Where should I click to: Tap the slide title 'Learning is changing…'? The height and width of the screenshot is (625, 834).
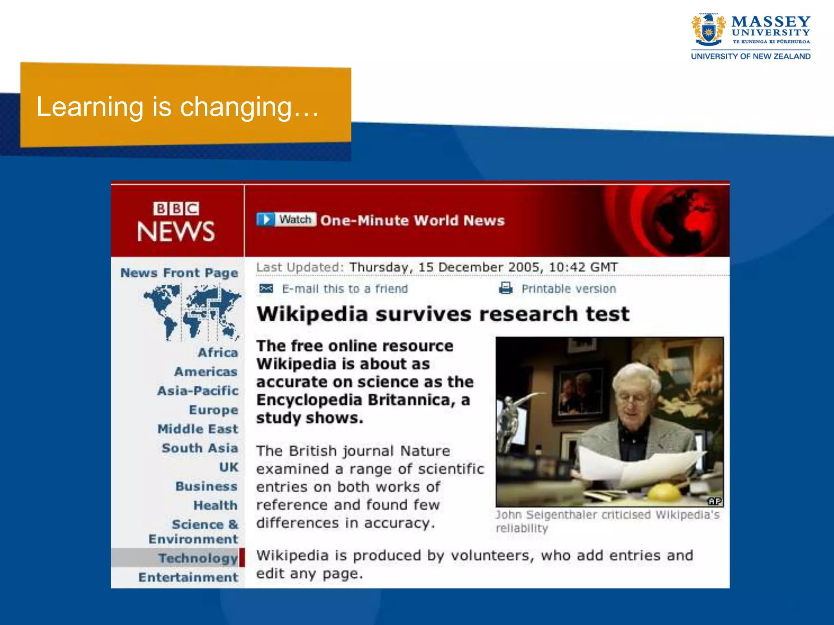click(178, 107)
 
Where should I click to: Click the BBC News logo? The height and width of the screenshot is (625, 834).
click(176, 222)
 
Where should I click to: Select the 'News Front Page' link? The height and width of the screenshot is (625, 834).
click(179, 273)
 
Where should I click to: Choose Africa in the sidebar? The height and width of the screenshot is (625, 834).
click(217, 352)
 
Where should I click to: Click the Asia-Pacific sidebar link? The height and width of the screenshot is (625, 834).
click(198, 391)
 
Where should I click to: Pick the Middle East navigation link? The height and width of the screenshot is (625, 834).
click(198, 429)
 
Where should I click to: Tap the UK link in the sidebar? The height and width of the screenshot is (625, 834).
click(228, 467)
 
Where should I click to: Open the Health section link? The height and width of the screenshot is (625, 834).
click(215, 505)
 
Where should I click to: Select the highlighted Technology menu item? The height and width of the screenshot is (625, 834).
click(198, 558)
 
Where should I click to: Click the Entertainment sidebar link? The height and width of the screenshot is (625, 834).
click(188, 577)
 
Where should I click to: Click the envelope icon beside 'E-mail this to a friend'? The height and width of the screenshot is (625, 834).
click(266, 288)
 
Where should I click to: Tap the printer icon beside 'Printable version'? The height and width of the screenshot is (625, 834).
click(505, 288)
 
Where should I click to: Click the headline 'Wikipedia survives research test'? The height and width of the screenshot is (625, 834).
click(443, 314)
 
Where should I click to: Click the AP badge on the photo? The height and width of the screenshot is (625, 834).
click(715, 501)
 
